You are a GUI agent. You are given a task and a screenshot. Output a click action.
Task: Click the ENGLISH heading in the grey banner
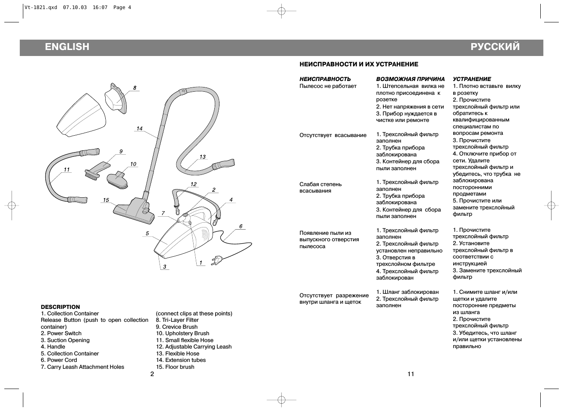67,47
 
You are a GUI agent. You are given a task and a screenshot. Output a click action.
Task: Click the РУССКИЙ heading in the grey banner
495,47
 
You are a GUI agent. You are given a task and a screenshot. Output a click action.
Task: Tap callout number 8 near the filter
135,88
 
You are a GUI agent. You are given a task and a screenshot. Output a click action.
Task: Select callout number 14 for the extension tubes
139,128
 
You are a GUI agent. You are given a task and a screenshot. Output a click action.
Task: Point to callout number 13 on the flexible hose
202,157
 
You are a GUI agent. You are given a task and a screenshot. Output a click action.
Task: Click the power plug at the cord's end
216,260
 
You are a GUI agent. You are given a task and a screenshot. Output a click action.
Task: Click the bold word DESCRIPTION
60,307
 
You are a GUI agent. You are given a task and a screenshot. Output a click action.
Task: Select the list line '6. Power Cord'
59,360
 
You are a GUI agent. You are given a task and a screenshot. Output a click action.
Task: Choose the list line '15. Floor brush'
175,367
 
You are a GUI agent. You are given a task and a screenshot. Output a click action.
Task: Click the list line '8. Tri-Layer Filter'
177,320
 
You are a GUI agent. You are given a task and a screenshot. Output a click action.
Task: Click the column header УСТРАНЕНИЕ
472,79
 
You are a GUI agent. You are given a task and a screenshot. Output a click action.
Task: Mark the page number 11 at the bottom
410,374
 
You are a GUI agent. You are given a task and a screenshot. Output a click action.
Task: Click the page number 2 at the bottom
152,374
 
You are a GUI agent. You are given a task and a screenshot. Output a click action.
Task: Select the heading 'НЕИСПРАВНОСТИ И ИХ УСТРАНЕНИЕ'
359,65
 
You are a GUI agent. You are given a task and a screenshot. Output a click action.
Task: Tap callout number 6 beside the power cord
241,226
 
